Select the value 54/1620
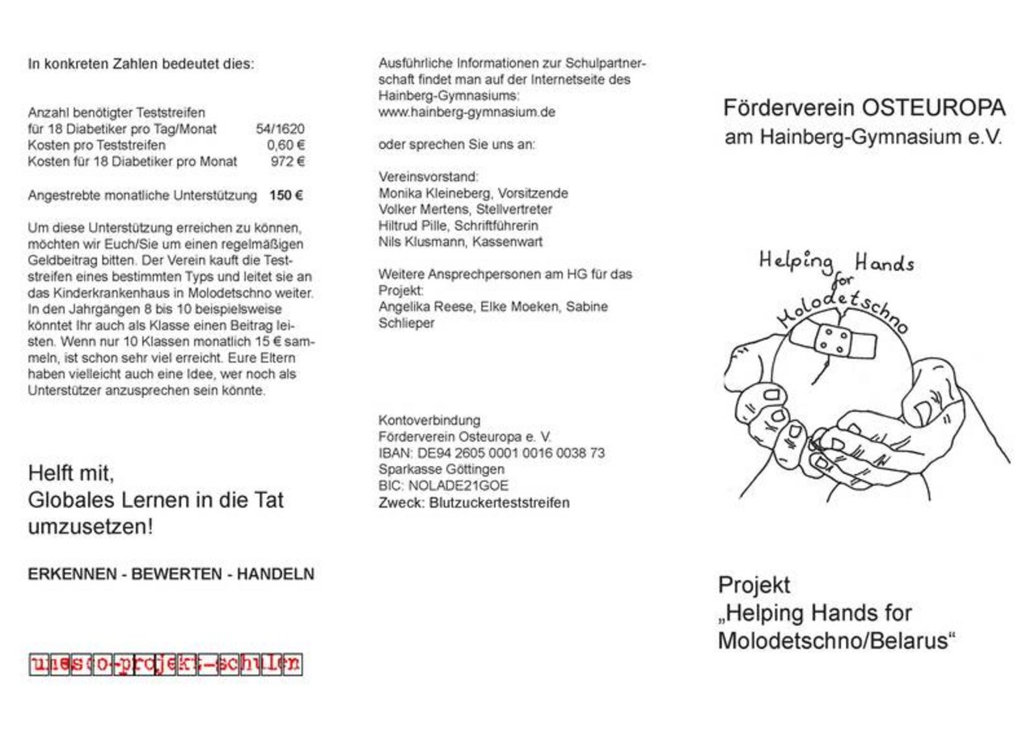coord(280,129)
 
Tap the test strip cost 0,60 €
coord(285,145)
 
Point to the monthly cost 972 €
coord(288,161)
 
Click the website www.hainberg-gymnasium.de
coord(467,112)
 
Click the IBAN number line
coord(491,453)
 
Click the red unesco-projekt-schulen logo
coord(165,664)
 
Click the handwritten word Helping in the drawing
coord(796,261)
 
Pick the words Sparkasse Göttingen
coord(441,469)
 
